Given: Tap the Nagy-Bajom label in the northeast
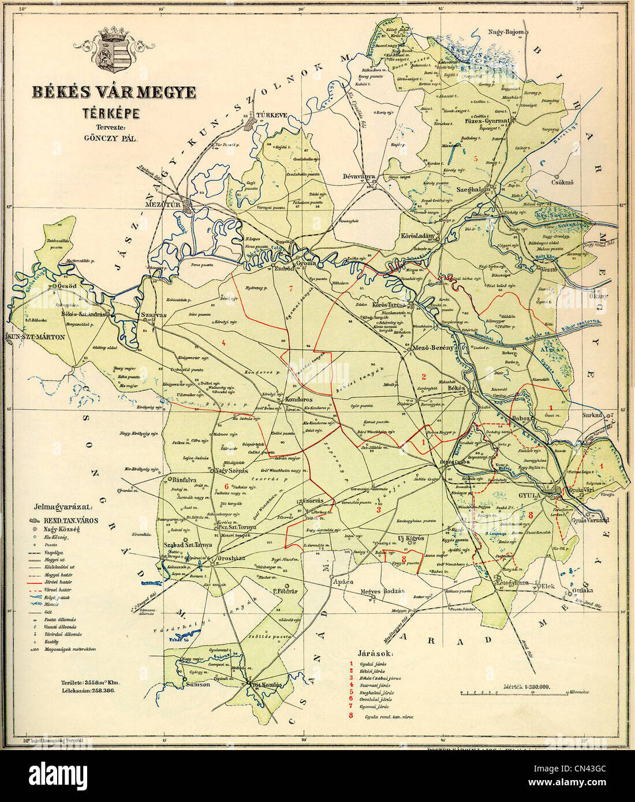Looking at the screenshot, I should click(506, 32).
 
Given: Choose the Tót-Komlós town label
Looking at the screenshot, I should click(267, 685).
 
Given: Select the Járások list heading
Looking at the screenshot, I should click(375, 654).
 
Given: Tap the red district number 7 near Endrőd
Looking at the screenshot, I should click(292, 288).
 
